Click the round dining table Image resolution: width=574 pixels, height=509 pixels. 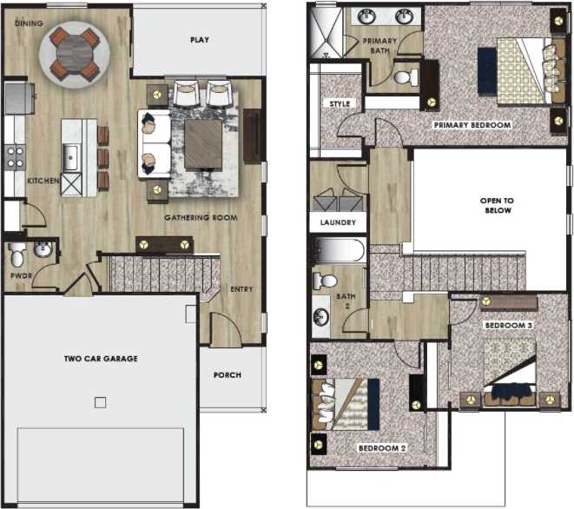point(74,51)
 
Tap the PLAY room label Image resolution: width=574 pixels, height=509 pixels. point(200,40)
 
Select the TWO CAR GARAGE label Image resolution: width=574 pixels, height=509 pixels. point(101,358)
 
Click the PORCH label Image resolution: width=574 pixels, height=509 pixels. point(227,375)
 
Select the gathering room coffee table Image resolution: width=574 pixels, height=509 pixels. point(204,143)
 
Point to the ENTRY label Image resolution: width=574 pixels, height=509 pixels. point(241,289)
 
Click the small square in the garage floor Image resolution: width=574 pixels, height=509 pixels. point(101,402)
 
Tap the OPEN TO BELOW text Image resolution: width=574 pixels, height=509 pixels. point(496,205)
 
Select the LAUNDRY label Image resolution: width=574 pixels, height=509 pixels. point(337,222)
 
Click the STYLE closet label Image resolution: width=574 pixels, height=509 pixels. point(339,103)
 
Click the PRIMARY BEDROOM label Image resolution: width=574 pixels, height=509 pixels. point(472,125)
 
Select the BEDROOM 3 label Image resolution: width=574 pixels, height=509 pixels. point(508,325)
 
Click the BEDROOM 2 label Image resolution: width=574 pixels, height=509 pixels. point(383,447)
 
